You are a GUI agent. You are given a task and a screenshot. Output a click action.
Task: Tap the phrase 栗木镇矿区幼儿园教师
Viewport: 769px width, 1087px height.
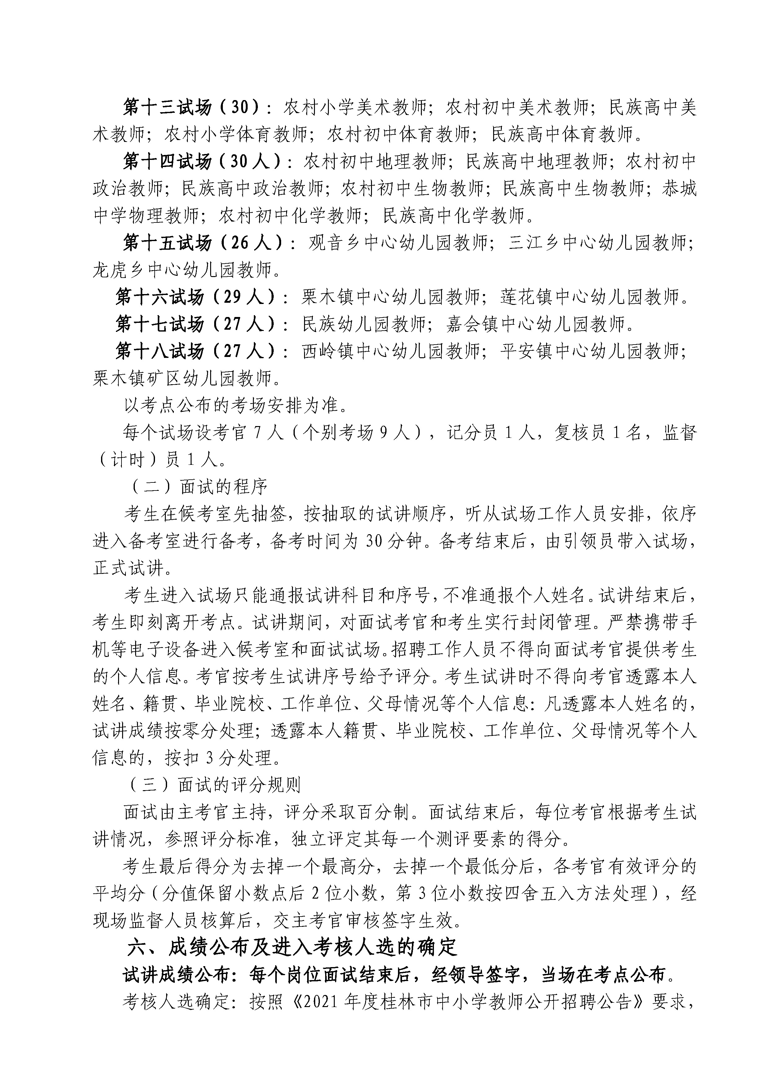tap(183, 378)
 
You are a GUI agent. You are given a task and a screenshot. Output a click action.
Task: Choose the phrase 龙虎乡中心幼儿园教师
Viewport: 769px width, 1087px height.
tap(183, 270)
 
